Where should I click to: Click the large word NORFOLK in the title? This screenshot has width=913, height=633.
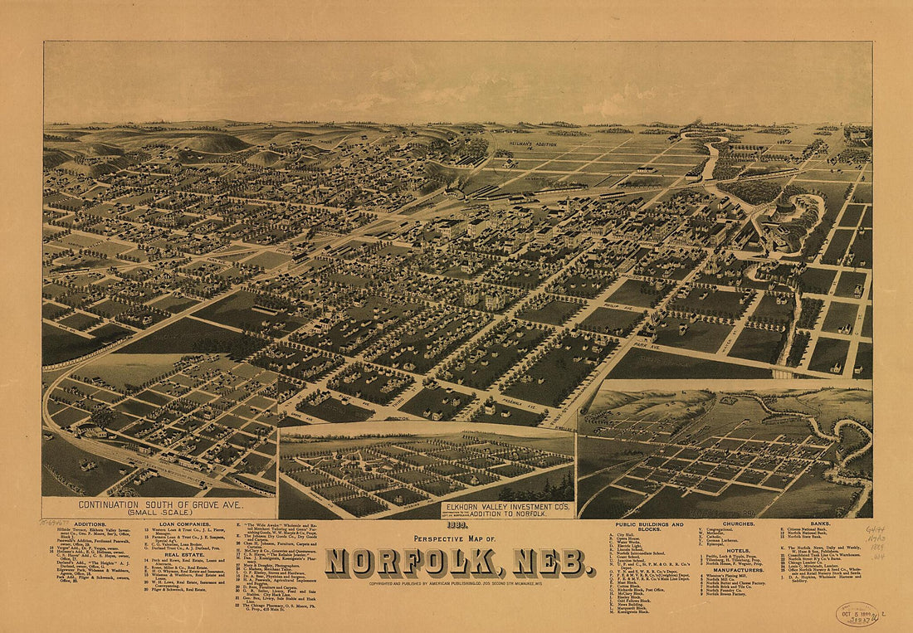coord(413,563)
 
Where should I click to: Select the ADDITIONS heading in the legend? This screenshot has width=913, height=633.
coord(90,525)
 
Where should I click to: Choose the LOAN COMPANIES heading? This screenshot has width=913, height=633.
coord(184,525)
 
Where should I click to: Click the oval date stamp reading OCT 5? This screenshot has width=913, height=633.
coord(858,614)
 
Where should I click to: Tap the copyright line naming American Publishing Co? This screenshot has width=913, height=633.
coord(458,583)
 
